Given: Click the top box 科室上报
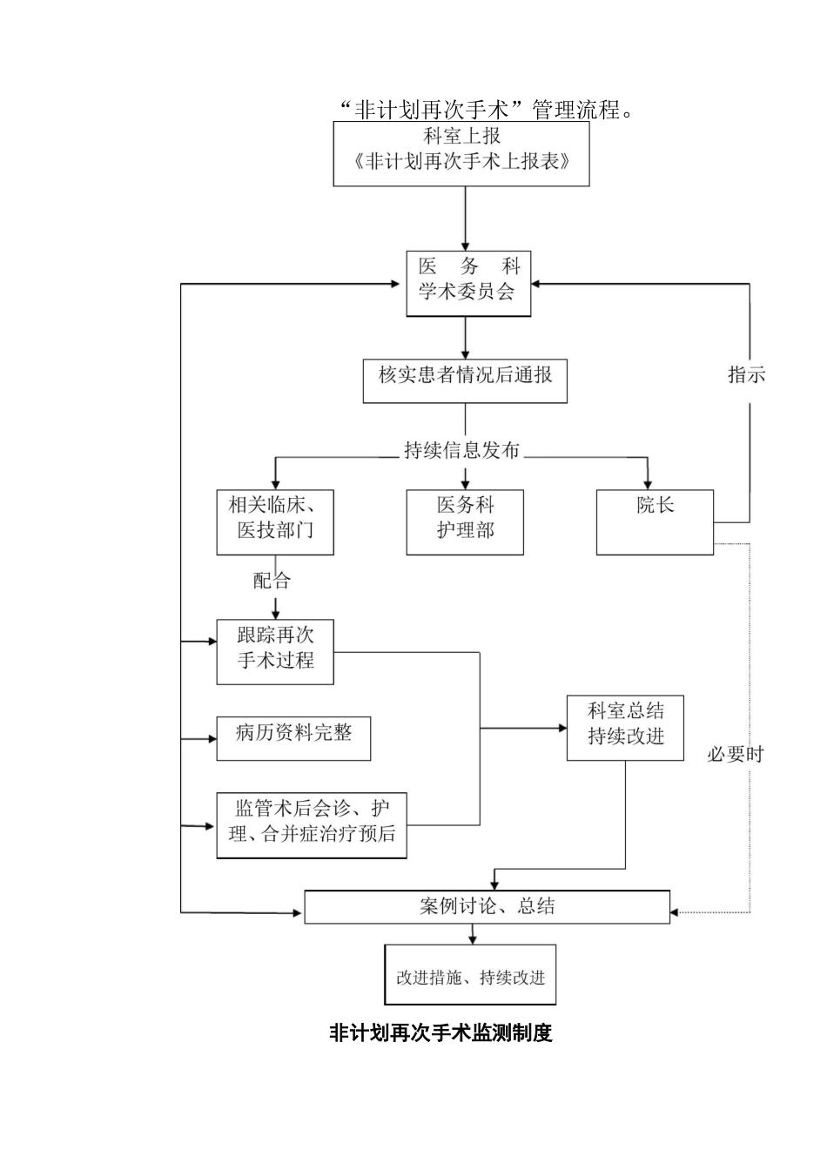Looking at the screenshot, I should [461, 153].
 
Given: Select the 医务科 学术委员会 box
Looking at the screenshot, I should [467, 283].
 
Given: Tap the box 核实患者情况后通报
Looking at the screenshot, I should [465, 380].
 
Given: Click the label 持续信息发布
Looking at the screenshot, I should [461, 450].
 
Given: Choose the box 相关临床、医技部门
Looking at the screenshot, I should [275, 521].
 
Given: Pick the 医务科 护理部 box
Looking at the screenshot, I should [465, 521].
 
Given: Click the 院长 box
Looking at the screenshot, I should [655, 521].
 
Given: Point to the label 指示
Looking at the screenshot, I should [746, 375].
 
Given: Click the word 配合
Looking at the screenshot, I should [272, 581].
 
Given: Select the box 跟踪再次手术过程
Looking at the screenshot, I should [275, 652].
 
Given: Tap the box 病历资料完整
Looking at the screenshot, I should [293, 738].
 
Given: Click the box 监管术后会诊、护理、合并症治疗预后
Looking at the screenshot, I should [312, 824].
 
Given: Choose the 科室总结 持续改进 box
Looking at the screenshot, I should [625, 728].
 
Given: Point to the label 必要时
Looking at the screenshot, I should [735, 754].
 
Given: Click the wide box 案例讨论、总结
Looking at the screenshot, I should [487, 906].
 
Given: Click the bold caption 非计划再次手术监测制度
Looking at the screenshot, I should [440, 1033].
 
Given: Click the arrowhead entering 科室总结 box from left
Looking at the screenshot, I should [561, 728].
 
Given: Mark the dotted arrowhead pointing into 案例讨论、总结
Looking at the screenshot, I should [676, 912].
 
